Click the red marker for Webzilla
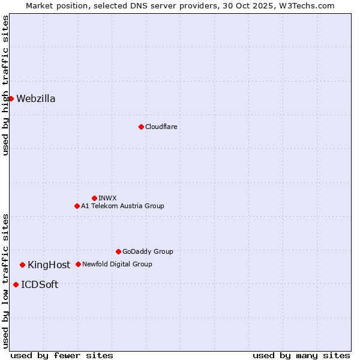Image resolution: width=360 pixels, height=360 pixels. point(11,98)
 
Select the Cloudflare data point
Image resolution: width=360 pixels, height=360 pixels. point(141,127)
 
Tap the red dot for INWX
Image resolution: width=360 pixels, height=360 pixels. point(94,198)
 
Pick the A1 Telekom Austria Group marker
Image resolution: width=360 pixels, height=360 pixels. point(77,206)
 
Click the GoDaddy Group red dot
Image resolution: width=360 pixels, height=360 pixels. point(118,251)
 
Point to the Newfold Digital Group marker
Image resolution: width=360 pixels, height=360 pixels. point(78,264)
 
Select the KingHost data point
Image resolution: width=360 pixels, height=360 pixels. point(22,265)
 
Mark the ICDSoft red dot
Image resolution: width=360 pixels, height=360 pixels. point(16,284)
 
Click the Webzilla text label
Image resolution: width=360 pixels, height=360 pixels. point(36,99)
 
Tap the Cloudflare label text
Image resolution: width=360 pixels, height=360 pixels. point(161,127)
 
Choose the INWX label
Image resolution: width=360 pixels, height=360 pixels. point(107,198)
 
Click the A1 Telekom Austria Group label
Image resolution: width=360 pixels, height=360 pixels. point(122,206)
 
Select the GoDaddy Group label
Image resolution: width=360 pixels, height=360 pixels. point(148,251)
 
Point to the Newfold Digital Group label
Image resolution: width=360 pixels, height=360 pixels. point(117,264)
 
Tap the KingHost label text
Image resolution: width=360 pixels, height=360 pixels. point(49,265)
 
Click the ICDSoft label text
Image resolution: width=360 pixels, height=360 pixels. point(40,285)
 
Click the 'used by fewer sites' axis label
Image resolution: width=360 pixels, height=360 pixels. point(62,355)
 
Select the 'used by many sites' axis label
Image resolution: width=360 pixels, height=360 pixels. point(301,355)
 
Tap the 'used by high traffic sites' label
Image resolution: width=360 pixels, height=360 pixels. point(5,85)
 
